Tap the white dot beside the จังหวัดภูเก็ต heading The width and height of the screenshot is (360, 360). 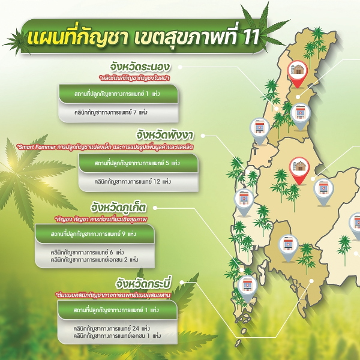158,208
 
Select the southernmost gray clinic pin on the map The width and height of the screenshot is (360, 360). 245,288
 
